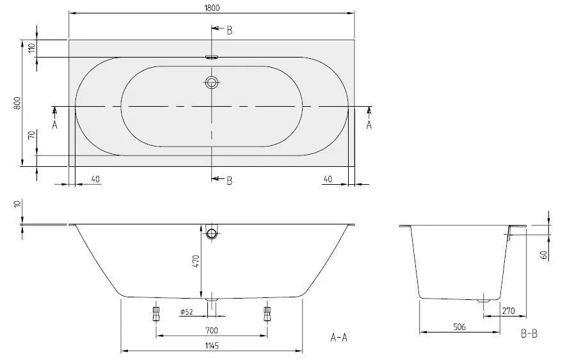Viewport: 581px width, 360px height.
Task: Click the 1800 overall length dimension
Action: click(212, 7)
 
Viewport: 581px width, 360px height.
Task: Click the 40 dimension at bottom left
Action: click(95, 180)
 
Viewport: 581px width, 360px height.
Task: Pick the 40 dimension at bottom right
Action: click(327, 180)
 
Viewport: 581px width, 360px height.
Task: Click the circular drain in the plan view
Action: click(212, 82)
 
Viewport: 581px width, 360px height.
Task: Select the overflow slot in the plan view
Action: click(212, 57)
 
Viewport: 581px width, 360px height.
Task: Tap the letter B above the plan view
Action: click(229, 29)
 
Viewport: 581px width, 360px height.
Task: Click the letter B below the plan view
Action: click(229, 181)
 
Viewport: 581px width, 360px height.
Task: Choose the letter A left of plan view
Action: click(54, 125)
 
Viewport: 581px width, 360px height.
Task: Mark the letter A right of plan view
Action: click(369, 125)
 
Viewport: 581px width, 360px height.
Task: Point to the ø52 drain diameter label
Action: click(187, 312)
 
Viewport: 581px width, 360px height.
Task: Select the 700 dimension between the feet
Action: click(212, 331)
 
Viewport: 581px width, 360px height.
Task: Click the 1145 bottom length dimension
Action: click(212, 346)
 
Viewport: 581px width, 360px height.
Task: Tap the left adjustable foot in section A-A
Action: click(155, 313)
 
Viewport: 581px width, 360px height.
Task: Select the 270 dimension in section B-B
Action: click(509, 311)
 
